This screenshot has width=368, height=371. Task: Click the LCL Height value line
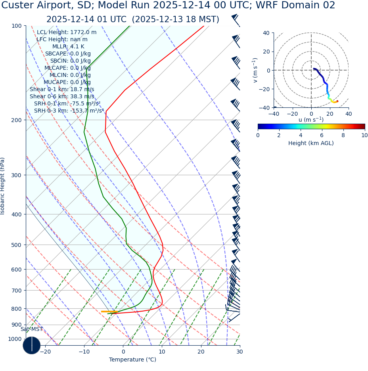[x=67, y=33]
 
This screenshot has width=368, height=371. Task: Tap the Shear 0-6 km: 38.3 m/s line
[x=62, y=96]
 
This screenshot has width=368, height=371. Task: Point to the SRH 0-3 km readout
[x=69, y=111]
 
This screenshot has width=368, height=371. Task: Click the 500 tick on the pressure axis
[x=16, y=245]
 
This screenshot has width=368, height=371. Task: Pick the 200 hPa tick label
[x=16, y=120]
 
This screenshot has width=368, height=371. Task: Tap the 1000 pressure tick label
[x=14, y=339]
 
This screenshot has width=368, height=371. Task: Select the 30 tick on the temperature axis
[x=240, y=352]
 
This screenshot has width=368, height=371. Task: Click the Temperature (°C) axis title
[x=132, y=360]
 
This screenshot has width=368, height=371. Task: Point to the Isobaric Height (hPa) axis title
[x=3, y=186]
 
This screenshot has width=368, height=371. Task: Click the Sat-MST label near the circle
[x=32, y=329]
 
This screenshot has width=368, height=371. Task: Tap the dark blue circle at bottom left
[x=32, y=345]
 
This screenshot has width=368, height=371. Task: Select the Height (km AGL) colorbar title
[x=311, y=143]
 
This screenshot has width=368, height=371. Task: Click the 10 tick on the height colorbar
[x=364, y=135]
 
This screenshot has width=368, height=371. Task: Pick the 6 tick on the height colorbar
[x=322, y=135]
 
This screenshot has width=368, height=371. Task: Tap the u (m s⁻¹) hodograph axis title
[x=311, y=120]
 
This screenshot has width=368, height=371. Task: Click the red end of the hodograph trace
[x=337, y=101]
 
